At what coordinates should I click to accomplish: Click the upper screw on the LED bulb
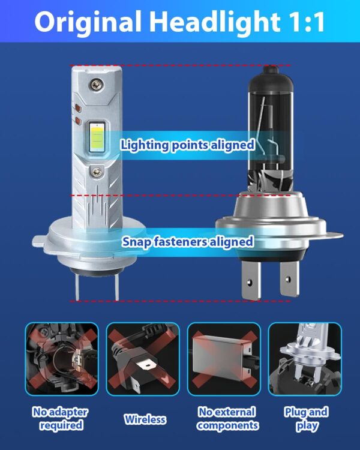(x=96, y=85)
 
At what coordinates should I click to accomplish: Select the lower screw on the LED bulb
(x=97, y=172)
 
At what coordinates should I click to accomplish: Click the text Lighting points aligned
(x=188, y=145)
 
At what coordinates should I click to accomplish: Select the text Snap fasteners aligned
(x=188, y=242)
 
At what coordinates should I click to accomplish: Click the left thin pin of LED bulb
(x=77, y=287)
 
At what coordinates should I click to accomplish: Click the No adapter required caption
(x=60, y=419)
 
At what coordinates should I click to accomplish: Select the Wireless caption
(x=145, y=419)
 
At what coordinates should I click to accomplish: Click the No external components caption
(x=227, y=419)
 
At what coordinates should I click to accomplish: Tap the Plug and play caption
(x=306, y=419)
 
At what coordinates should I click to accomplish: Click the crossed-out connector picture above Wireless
(x=143, y=359)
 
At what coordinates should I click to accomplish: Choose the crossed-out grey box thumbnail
(x=224, y=359)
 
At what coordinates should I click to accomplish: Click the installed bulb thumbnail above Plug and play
(x=305, y=359)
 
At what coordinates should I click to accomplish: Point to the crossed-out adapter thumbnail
(x=62, y=359)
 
